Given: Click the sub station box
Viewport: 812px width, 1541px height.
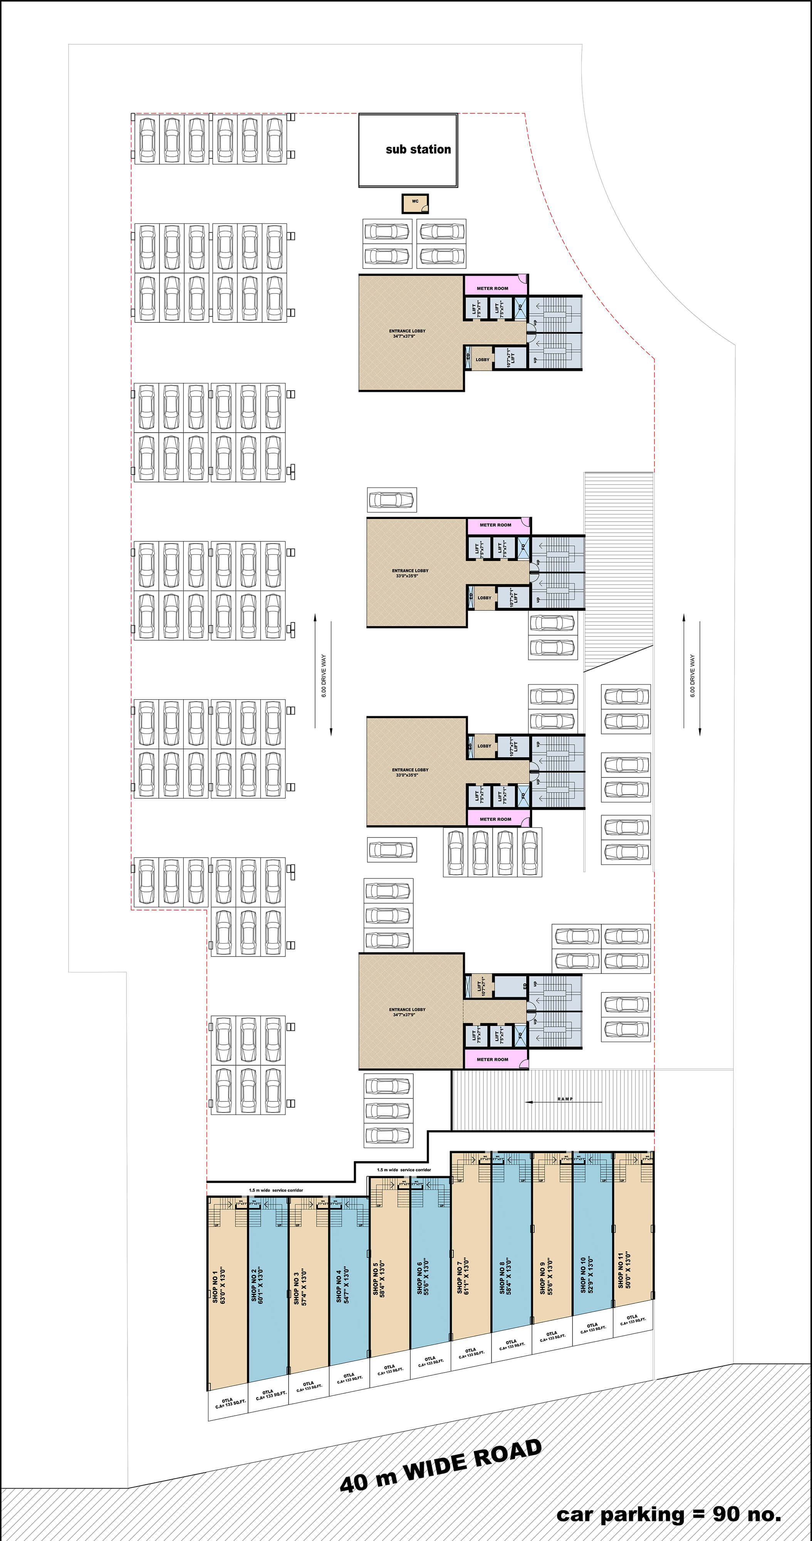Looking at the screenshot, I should point(408,151).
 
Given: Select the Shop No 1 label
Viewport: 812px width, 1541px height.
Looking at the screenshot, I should point(219,1284).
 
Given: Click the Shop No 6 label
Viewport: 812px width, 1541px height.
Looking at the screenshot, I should point(423,1276).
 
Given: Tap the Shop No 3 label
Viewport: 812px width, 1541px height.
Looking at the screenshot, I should point(300,1287).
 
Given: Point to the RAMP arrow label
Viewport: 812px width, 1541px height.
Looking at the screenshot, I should point(564,1099).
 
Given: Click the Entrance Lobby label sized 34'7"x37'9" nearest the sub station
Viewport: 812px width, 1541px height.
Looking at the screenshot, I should point(407,333).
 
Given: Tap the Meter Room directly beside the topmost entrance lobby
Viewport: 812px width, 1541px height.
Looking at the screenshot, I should point(492,288).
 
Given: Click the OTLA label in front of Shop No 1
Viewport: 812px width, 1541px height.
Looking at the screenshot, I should point(227,1403).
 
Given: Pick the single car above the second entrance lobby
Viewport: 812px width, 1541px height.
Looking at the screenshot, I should point(392,500).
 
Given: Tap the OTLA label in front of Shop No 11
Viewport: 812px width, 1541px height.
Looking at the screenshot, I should point(632,1319).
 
